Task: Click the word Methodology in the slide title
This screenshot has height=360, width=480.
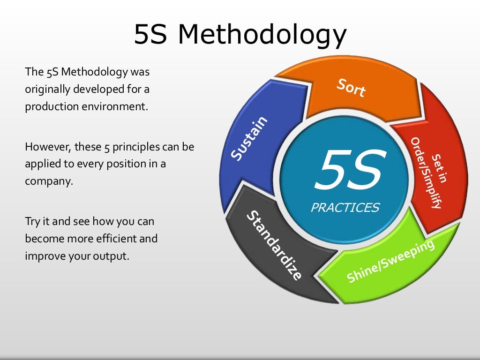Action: pos(263,35)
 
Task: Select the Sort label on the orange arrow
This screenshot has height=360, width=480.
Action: pos(351,88)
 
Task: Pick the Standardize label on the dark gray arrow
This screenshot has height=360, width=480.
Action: pos(274,246)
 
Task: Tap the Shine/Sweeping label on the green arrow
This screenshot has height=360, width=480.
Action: pos(390,262)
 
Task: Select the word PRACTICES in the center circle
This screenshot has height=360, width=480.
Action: pos(345,207)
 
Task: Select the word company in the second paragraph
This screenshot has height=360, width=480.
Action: pos(49,181)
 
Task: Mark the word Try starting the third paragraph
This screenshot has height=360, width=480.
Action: pos(32,221)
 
